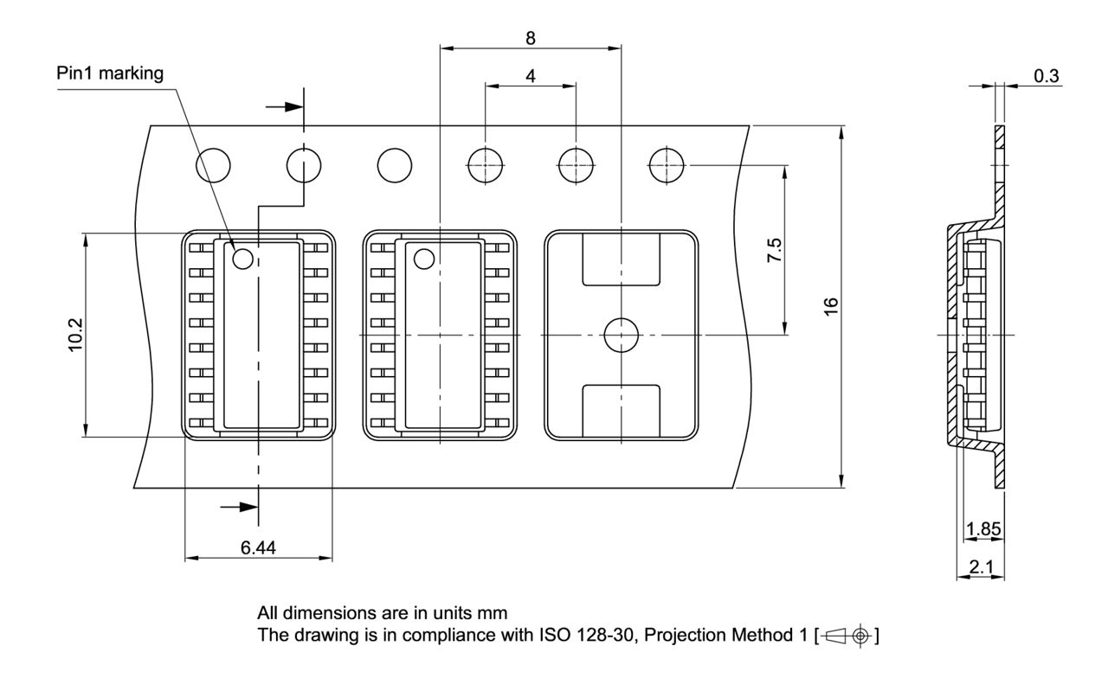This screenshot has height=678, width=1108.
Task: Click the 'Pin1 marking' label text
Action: click(x=110, y=73)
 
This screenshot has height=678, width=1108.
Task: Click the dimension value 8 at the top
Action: click(x=530, y=38)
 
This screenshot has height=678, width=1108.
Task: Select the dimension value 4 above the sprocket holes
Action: click(x=530, y=75)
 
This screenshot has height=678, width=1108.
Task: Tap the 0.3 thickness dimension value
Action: click(x=1046, y=76)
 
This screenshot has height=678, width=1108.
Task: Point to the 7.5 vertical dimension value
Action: click(x=775, y=249)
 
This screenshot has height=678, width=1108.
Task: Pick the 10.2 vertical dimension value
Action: click(x=75, y=334)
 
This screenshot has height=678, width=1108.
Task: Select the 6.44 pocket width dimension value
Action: click(x=258, y=547)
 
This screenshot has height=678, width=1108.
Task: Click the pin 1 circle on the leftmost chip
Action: click(x=242, y=258)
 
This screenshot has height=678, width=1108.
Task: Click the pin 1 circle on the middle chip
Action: click(x=424, y=258)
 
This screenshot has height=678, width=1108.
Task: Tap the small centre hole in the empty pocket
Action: click(x=621, y=335)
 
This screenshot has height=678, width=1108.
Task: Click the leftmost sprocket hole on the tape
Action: click(x=214, y=163)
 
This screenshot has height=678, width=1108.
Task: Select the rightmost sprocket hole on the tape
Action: click(x=667, y=163)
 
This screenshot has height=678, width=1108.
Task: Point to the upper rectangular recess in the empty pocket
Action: click(x=621, y=260)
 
